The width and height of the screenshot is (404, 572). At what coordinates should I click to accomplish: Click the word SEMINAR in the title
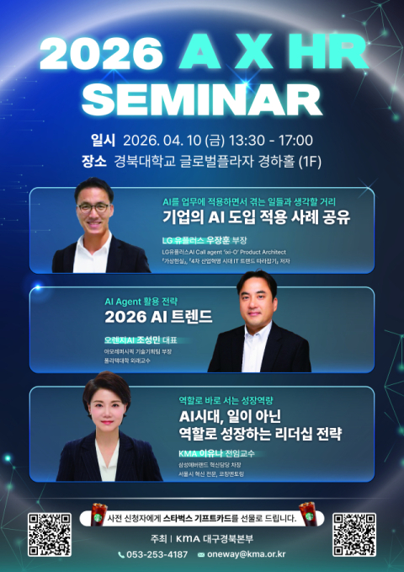click(202, 99)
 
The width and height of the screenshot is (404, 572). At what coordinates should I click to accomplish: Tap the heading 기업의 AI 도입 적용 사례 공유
click(256, 217)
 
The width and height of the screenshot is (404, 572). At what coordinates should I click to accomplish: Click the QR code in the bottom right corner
click(353, 533)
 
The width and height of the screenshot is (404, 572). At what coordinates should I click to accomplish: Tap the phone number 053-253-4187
click(157, 554)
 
